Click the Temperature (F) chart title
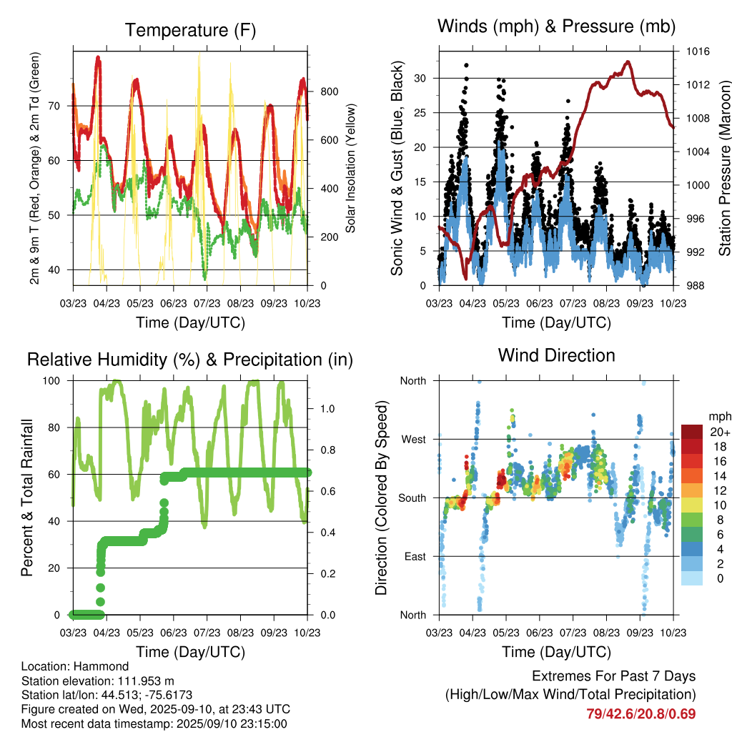[x=190, y=30]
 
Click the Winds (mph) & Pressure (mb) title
[x=556, y=27]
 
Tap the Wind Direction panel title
[x=556, y=355]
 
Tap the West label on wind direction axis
[x=413, y=439]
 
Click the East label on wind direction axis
[x=414, y=556]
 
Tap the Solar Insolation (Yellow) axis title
[x=351, y=168]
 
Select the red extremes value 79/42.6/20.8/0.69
[x=641, y=713]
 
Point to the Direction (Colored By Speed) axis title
[x=381, y=498]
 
